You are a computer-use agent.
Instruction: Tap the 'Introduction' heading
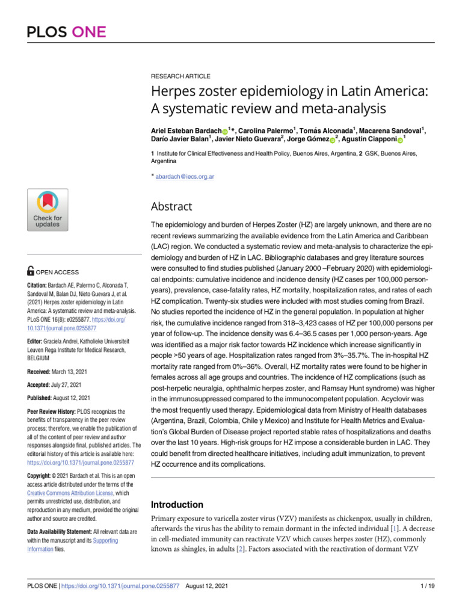click(176, 505)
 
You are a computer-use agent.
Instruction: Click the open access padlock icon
click(31, 272)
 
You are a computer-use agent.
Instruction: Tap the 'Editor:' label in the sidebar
click(37, 339)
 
